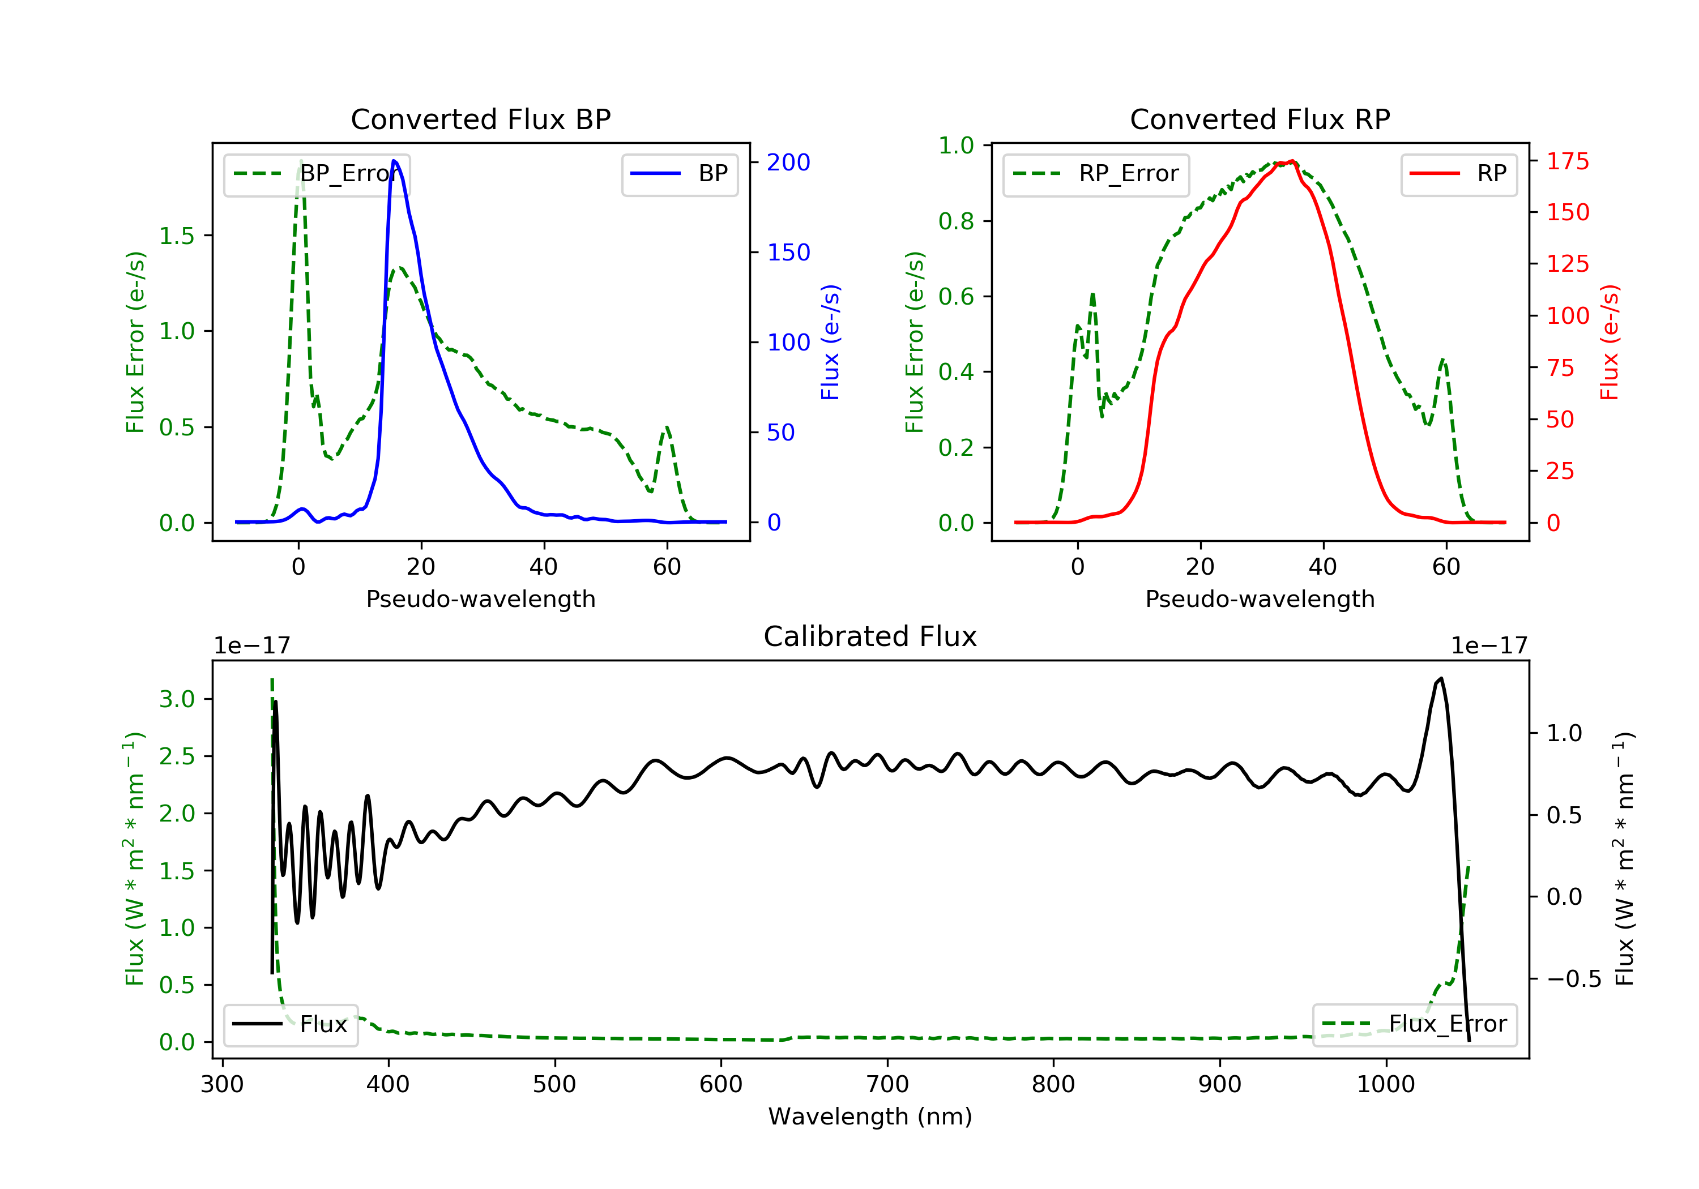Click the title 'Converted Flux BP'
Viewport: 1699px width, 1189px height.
tap(480, 119)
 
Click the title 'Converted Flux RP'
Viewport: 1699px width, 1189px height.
tap(1260, 119)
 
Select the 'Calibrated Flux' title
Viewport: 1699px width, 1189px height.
tap(870, 636)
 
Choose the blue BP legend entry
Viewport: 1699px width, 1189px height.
tap(679, 174)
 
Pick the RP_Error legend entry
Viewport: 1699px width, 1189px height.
tap(1095, 174)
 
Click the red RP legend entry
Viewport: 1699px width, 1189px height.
tap(1458, 174)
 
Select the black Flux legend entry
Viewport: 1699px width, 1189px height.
tap(290, 1024)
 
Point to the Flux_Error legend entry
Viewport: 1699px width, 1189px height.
tap(1414, 1024)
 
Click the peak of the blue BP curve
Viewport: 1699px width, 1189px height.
tap(394, 161)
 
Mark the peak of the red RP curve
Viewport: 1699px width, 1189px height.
tap(1291, 161)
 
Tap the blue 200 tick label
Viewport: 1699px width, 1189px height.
tap(788, 162)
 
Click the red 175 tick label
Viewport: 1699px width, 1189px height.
tap(1567, 161)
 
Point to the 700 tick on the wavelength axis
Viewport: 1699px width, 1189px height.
tap(886, 1084)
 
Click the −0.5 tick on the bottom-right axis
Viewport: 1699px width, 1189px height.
tap(1573, 979)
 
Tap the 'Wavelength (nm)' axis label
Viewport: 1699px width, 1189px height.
tap(870, 1116)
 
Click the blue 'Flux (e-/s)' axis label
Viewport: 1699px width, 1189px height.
tap(830, 342)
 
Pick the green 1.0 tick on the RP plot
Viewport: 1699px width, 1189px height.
tap(956, 146)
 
